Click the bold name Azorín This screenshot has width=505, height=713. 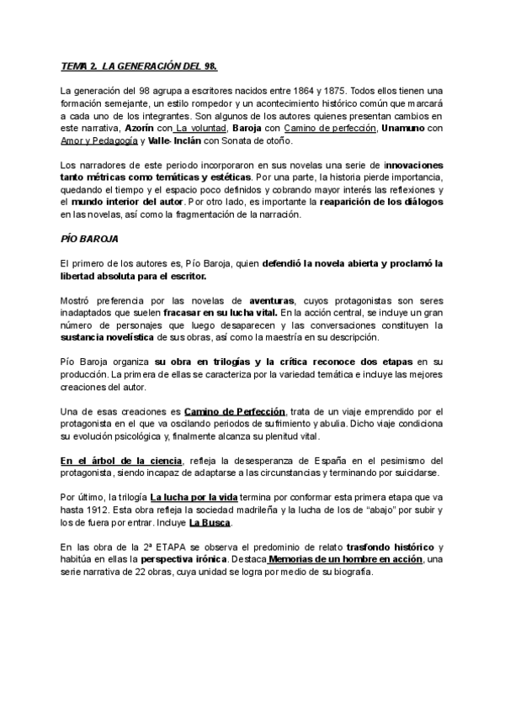[x=138, y=128]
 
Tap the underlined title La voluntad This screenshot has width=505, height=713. [x=200, y=128]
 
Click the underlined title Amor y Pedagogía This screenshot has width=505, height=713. [x=99, y=140]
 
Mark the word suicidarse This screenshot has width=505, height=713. [x=417, y=473]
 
